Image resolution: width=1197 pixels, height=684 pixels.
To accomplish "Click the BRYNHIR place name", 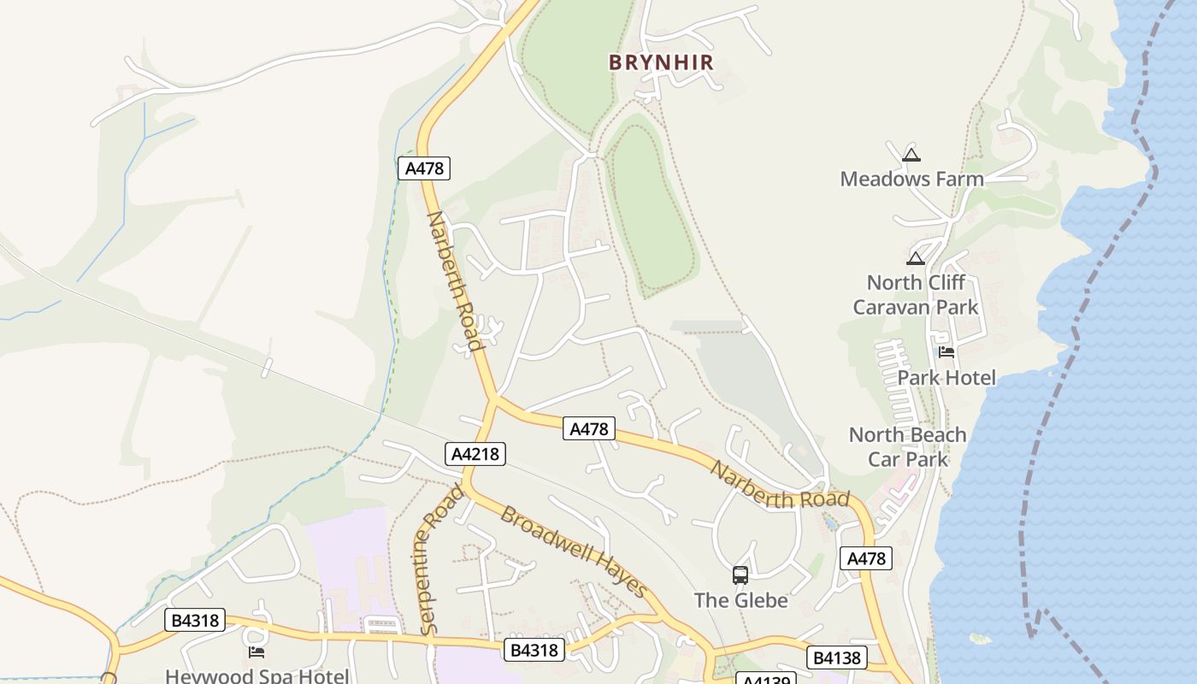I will click(x=660, y=62).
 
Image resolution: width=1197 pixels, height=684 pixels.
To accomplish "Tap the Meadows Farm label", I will click(x=911, y=179).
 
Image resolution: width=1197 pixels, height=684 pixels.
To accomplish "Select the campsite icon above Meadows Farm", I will click(x=911, y=155).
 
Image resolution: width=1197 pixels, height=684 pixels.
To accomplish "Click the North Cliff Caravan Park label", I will click(x=916, y=295).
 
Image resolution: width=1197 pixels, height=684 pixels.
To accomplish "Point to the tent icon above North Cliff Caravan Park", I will click(x=916, y=258).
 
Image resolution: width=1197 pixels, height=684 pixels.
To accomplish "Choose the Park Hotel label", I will click(x=946, y=377).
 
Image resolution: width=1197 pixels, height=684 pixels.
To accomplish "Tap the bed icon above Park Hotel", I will click(x=946, y=351).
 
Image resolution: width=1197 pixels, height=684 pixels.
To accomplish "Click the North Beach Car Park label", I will click(x=907, y=446).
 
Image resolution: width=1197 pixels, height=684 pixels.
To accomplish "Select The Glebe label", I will click(x=740, y=600).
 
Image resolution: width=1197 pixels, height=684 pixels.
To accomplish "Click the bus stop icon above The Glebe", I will click(x=740, y=575).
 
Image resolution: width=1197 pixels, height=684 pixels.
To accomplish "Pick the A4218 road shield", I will click(x=475, y=454).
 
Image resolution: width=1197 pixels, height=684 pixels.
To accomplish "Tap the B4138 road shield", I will click(x=836, y=657).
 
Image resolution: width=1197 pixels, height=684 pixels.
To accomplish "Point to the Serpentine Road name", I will click(x=441, y=559).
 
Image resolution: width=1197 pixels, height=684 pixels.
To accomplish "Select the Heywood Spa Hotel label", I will click(x=256, y=675).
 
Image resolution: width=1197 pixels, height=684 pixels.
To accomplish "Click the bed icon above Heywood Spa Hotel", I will click(x=256, y=652).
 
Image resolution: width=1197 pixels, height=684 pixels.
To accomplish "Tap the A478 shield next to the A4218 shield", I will click(x=588, y=429).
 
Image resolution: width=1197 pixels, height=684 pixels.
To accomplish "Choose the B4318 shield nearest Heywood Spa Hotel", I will click(x=194, y=621).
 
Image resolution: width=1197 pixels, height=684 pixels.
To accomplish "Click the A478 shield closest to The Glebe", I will click(x=866, y=558).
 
